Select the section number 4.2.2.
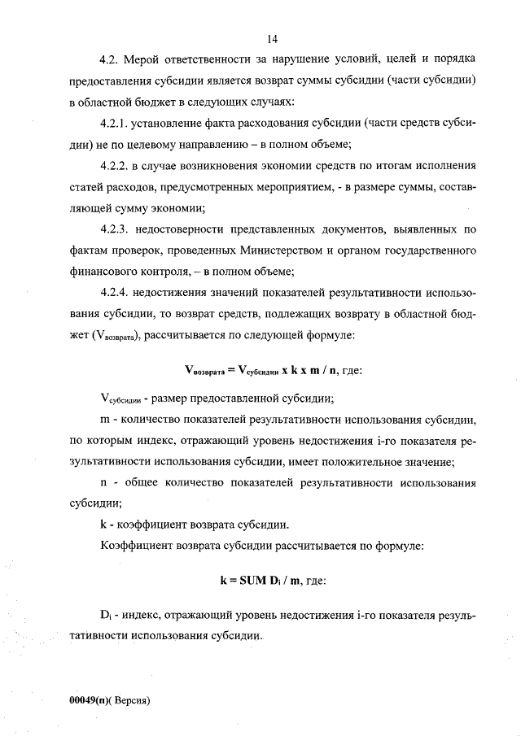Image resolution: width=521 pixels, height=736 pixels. pyautogui.click(x=113, y=166)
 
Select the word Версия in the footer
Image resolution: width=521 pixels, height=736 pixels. pyautogui.click(x=131, y=699)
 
